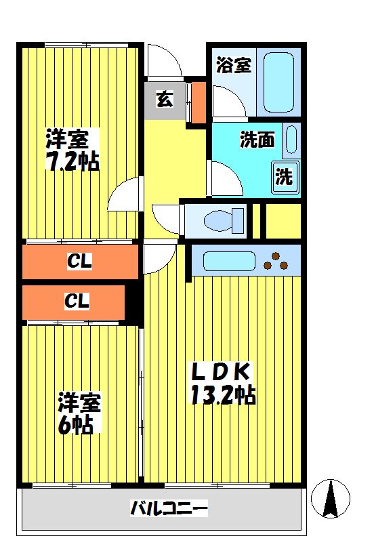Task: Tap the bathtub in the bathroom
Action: pyautogui.click(x=278, y=81)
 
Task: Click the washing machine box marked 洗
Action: pyautogui.click(x=284, y=177)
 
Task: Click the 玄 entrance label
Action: pyautogui.click(x=165, y=100)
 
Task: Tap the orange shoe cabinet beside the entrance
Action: pyautogui.click(x=199, y=102)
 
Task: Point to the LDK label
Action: pyautogui.click(x=220, y=371)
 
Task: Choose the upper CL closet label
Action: pyautogui.click(x=79, y=261)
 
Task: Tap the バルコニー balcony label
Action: pyautogui.click(x=168, y=508)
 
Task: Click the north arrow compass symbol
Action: pyautogui.click(x=331, y=500)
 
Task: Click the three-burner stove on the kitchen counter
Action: pyautogui.click(x=277, y=260)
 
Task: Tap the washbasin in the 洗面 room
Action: pyautogui.click(x=291, y=140)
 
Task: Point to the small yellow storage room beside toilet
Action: pyautogui.click(x=280, y=220)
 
